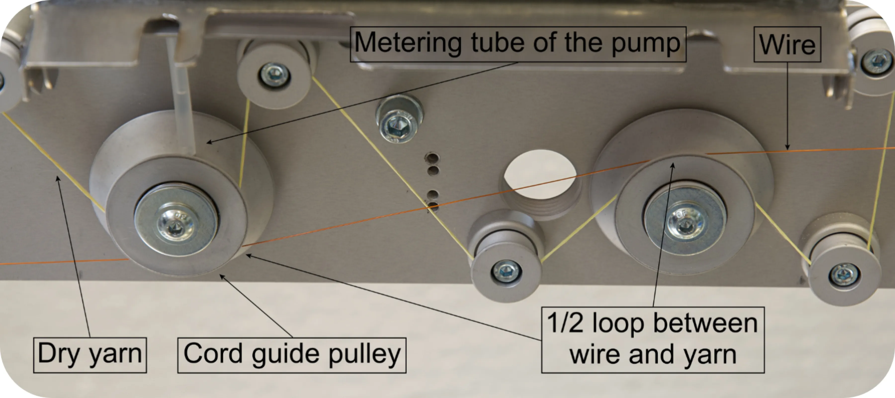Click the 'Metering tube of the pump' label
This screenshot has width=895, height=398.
click(518, 44)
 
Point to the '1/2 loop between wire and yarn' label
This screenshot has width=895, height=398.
click(652, 340)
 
